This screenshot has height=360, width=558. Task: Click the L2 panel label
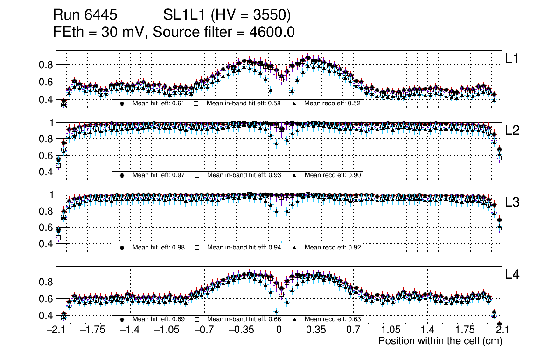[x=513, y=131]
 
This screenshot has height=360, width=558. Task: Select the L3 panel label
[x=513, y=202]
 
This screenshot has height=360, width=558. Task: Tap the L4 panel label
[x=513, y=275]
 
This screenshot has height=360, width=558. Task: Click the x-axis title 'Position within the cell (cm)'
[x=440, y=341]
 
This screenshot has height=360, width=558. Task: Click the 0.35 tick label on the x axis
[x=316, y=330]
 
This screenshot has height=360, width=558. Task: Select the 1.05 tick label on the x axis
[x=390, y=330]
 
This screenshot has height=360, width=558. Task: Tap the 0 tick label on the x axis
[x=279, y=330]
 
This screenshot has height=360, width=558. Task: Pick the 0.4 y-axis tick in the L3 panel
[x=45, y=244]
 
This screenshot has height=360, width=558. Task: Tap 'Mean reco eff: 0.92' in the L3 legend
[x=332, y=247]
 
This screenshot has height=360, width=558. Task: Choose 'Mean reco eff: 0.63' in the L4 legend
[x=332, y=319]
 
